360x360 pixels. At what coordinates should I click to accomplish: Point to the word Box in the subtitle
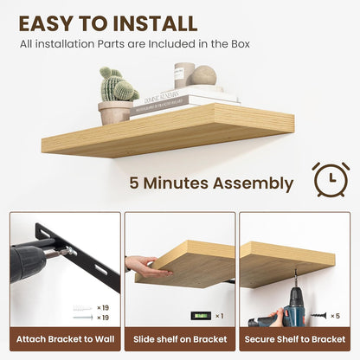(240, 43)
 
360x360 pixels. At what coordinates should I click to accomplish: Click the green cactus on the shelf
(118, 85)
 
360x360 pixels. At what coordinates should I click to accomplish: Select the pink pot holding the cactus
(114, 112)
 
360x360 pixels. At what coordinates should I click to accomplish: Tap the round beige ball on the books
(204, 75)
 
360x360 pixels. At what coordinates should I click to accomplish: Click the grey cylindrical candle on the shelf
(183, 74)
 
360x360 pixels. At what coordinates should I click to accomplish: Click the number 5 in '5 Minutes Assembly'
(135, 183)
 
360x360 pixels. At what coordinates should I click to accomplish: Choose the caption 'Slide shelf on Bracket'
(180, 338)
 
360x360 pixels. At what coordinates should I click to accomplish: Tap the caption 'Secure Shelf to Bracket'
(295, 338)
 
